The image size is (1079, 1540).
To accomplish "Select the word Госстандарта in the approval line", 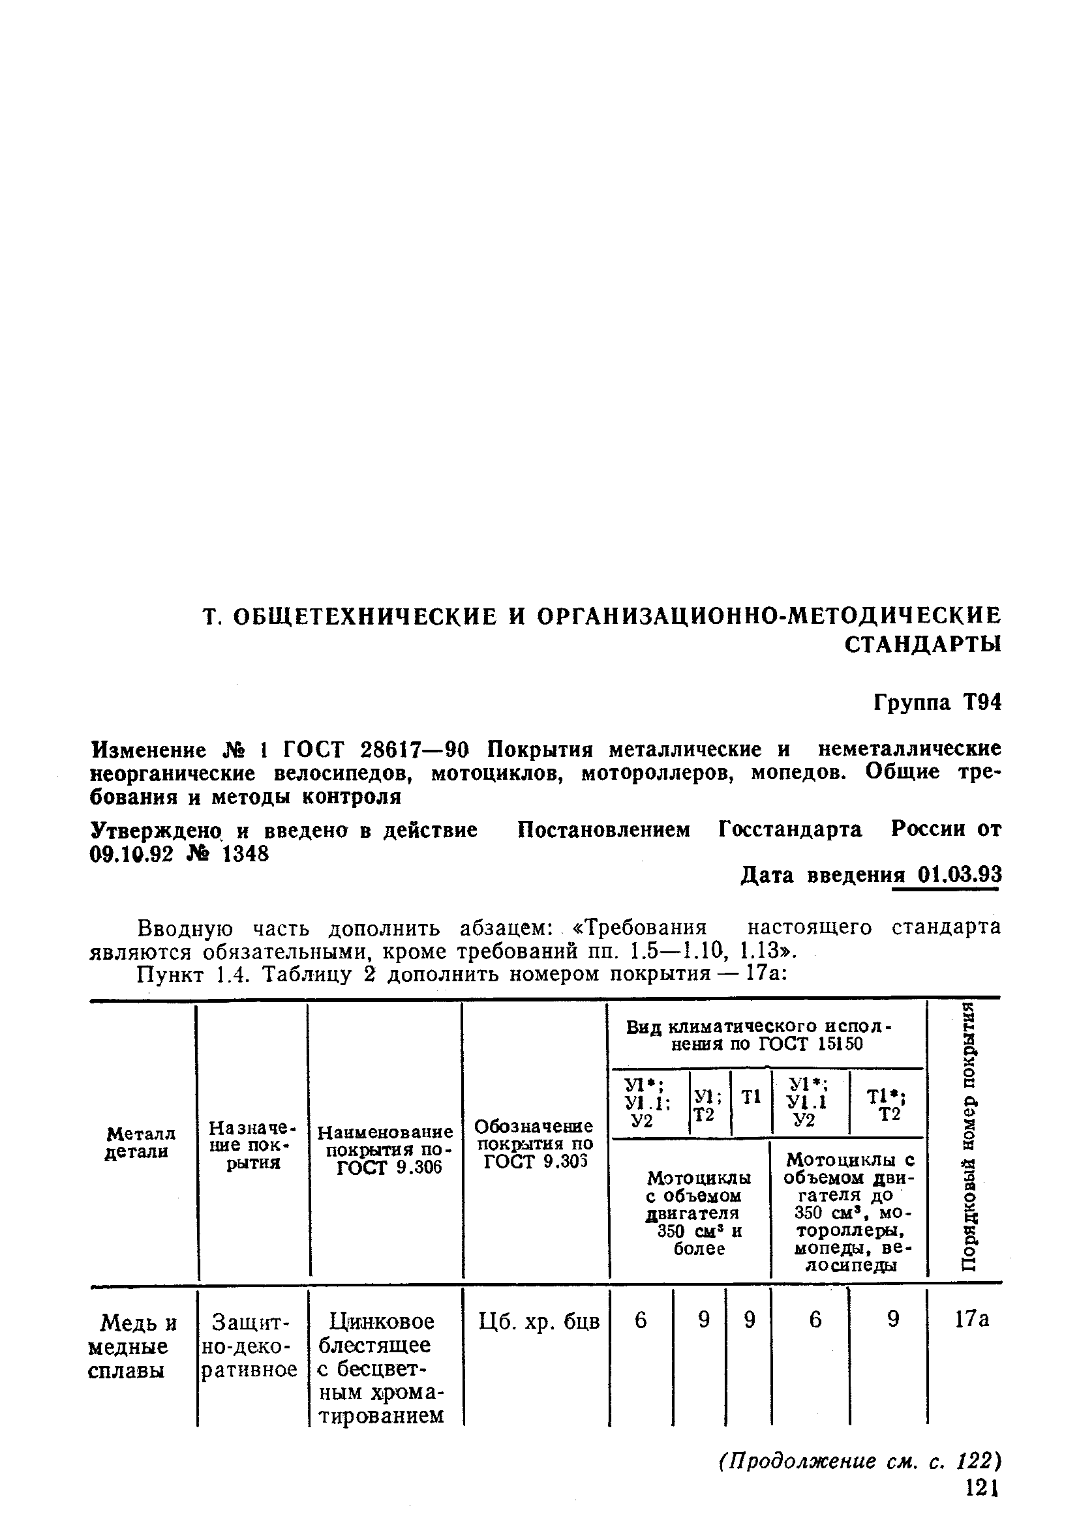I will (x=790, y=830).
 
